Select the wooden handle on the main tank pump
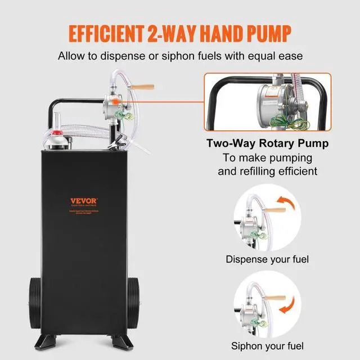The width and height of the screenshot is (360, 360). [x=143, y=87]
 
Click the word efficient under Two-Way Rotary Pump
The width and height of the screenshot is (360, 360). [x=291, y=171]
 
